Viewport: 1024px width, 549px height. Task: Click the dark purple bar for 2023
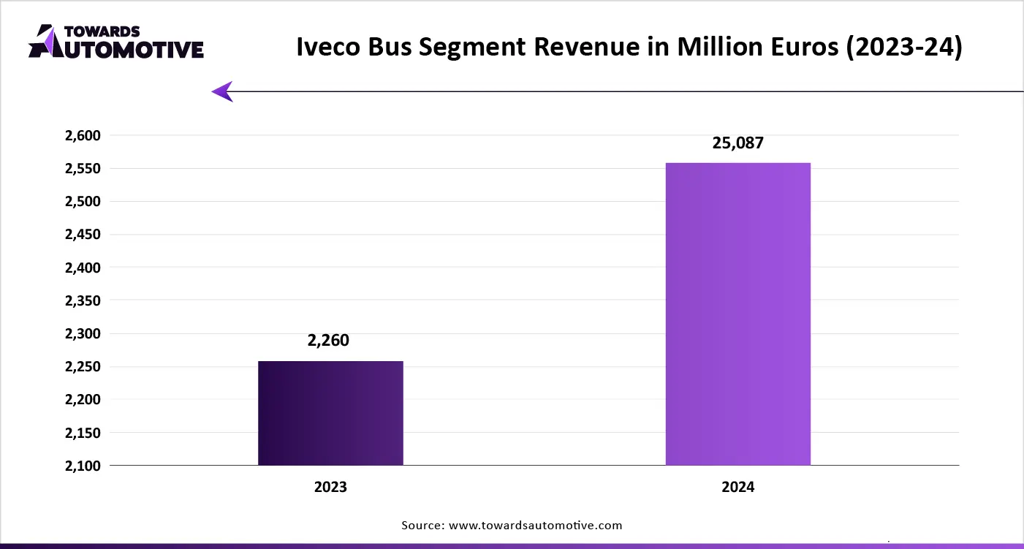pos(330,413)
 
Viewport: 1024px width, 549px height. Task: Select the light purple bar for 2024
pos(737,314)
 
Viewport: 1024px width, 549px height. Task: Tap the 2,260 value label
pos(328,340)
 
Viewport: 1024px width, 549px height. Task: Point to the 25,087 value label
pos(737,143)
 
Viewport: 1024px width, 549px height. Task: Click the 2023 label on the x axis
pos(330,487)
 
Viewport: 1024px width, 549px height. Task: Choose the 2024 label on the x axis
pos(737,487)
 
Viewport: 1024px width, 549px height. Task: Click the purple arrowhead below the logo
pos(222,91)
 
